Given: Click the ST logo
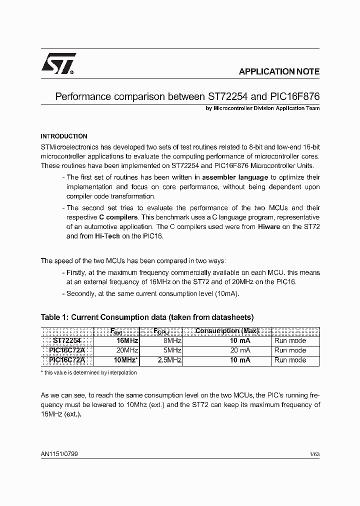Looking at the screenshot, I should click(58, 64).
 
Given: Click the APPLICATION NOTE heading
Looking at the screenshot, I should click(279, 71).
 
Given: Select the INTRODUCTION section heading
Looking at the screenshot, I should click(64, 136).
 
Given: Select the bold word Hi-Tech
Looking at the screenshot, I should click(107, 236).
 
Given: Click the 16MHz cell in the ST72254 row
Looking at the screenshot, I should click(127, 340).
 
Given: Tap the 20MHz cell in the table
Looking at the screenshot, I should click(127, 350).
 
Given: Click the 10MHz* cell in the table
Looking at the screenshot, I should click(126, 360).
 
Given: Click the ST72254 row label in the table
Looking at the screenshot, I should click(67, 340).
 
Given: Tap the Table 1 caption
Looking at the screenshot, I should click(147, 317).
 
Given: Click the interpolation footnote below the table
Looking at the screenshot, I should click(88, 372).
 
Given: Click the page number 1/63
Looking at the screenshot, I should click(314, 454).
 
